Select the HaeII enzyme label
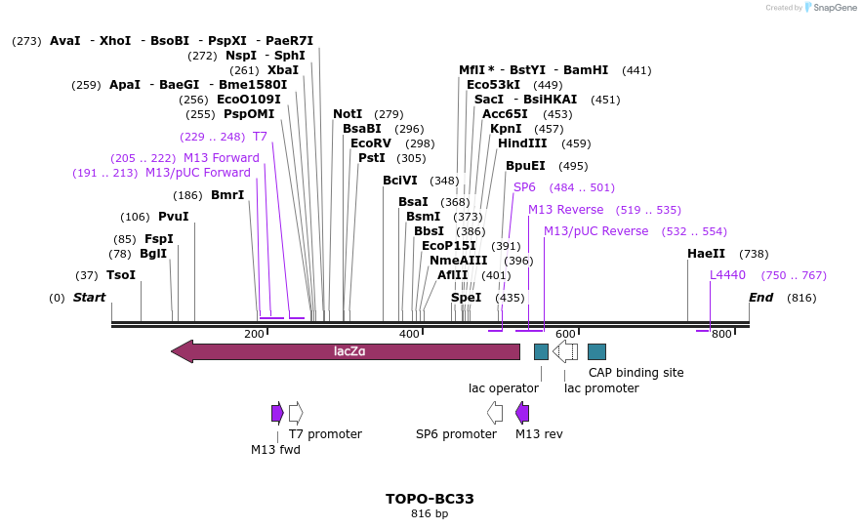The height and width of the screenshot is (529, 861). pos(706,254)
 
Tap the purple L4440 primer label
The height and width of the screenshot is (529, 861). pos(727,275)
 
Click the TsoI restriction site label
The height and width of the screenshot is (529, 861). pos(121,275)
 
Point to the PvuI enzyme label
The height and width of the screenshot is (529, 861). pos(174,217)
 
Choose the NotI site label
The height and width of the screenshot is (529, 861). pos(348,114)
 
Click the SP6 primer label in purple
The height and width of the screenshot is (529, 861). pos(524,187)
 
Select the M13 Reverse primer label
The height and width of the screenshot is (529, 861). pos(566,210)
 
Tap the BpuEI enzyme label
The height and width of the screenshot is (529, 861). pos(525,166)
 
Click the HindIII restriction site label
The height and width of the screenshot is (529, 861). pos(522,143)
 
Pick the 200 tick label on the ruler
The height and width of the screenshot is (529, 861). pos(254,335)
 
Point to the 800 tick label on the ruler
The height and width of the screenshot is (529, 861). pos(721,335)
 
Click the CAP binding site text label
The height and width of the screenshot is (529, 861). pos(635,373)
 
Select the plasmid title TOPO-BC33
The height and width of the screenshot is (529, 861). pos(430,499)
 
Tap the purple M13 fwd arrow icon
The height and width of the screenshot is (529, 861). pos(277,413)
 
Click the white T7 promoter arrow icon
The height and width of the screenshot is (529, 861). pos(296,413)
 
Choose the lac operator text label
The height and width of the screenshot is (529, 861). pos(504,388)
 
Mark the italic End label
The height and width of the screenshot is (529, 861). pos(760,298)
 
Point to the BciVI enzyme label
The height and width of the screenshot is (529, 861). pos(400,181)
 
